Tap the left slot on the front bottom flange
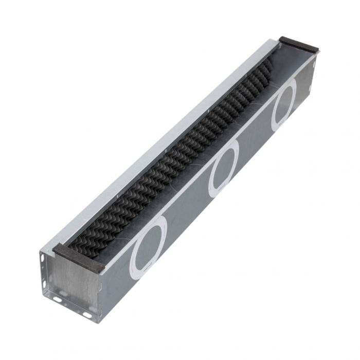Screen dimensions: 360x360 58,299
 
